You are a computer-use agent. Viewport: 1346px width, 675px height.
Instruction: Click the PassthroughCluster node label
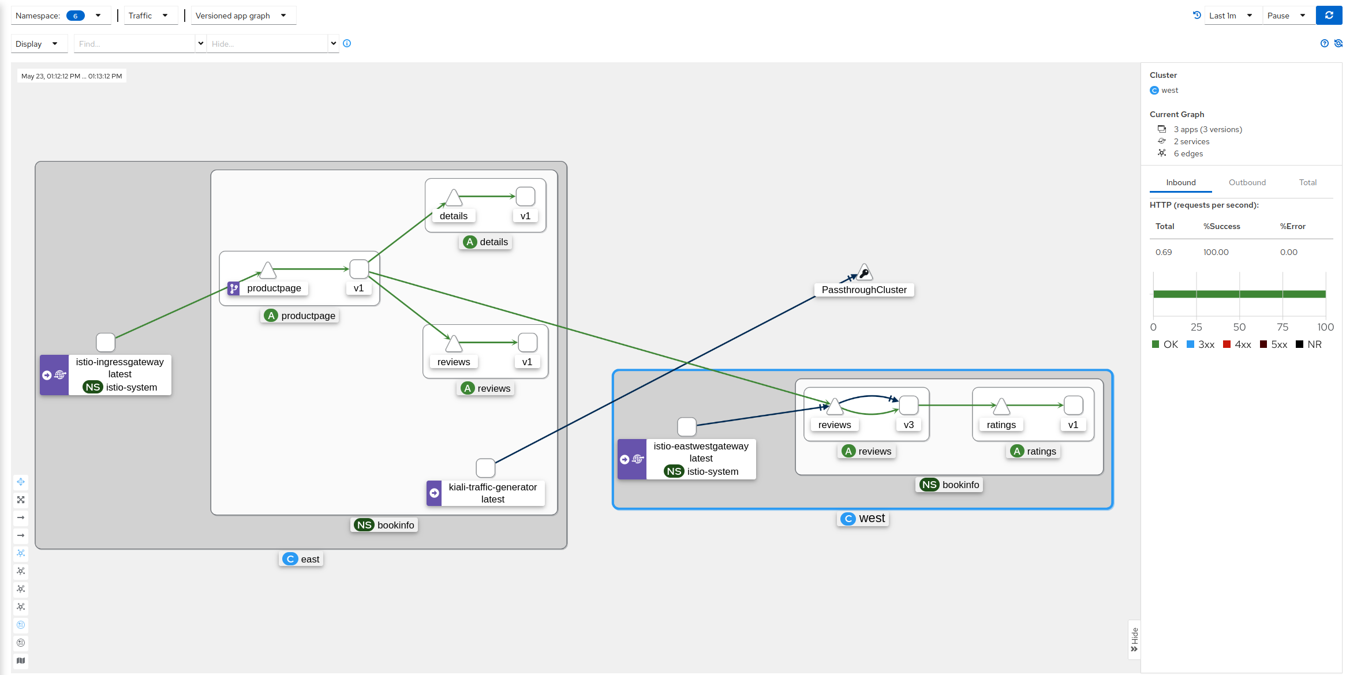863,290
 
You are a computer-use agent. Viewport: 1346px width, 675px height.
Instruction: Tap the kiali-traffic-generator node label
492,493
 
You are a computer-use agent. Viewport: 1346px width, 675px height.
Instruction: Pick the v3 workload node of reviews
908,406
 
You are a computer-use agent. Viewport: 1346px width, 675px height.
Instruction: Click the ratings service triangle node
1001,407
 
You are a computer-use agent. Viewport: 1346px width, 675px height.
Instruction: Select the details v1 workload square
525,197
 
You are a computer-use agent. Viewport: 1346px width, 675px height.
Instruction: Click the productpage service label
274,288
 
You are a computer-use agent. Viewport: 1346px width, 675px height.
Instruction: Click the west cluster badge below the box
863,518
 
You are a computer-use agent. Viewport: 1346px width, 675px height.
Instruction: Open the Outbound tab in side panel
1247,182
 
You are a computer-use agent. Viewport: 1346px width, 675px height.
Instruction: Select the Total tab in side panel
1307,182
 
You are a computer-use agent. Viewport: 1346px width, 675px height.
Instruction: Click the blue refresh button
1329,16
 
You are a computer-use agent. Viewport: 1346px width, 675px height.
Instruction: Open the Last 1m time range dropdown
1230,16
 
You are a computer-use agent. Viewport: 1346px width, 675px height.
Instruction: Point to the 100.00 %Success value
1216,252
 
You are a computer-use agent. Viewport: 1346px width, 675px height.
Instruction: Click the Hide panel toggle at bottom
1134,640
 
